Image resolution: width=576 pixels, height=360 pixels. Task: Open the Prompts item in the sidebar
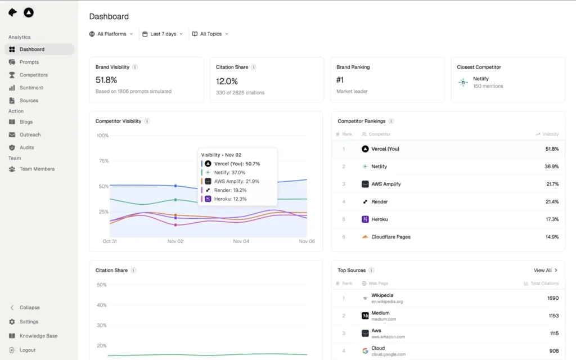(x=29, y=62)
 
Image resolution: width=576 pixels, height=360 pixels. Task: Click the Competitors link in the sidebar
(x=33, y=75)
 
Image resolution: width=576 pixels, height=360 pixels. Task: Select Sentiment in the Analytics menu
(x=31, y=88)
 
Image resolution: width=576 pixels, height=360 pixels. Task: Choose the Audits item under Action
(x=26, y=147)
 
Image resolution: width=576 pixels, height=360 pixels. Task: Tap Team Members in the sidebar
(x=37, y=169)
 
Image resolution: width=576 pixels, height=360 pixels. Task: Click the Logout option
(x=27, y=350)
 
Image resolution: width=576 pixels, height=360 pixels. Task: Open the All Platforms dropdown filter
(x=111, y=34)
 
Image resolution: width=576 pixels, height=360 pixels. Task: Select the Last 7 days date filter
(x=163, y=34)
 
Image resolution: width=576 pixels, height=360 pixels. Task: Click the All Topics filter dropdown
(x=210, y=34)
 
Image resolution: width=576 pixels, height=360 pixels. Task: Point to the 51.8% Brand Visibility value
(x=106, y=80)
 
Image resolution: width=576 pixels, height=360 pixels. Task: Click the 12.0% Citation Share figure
(x=227, y=81)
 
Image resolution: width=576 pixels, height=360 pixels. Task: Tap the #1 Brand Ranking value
(x=340, y=80)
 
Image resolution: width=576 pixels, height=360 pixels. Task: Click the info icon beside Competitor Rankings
(x=391, y=121)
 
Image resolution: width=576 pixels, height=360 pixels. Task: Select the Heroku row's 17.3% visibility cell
(x=552, y=219)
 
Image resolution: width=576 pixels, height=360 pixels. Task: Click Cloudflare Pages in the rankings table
(x=390, y=237)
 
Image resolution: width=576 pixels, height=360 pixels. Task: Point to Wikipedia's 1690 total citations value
(x=552, y=298)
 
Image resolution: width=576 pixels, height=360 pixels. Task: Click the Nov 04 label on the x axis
(x=241, y=241)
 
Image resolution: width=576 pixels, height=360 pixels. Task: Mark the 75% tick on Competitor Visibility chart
(x=103, y=161)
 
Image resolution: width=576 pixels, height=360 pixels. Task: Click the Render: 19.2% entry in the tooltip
(x=230, y=190)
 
